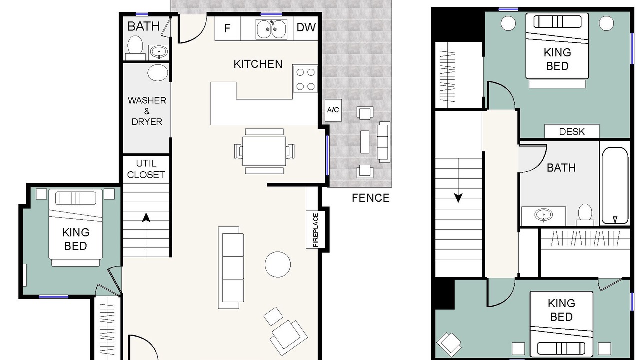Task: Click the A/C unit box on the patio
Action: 333,110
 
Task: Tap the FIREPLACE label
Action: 315,230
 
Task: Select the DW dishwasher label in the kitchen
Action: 306,27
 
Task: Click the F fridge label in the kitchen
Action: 227,28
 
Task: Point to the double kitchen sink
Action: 271,29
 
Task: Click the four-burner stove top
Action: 305,79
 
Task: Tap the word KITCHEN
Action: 258,64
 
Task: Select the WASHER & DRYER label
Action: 147,111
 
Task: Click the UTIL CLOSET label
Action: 146,169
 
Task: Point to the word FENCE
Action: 370,198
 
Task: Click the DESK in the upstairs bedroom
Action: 572,131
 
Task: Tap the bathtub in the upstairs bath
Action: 615,185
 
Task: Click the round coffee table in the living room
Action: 277,264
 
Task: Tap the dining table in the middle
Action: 264,151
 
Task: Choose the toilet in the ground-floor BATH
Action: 135,47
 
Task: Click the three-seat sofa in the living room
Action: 231,267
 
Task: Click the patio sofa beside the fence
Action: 383,142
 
